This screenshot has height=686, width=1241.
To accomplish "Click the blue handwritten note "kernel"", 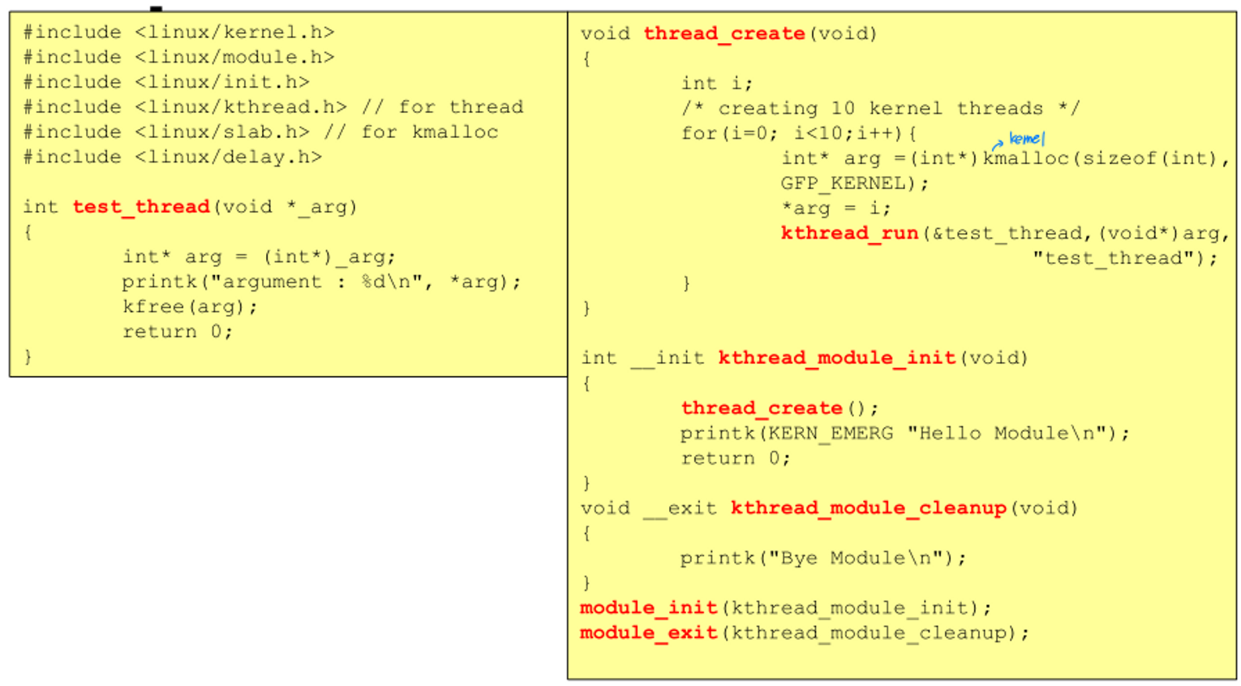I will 1026,139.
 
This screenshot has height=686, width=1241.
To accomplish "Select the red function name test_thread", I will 141,207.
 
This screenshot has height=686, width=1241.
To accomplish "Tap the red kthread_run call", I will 848,234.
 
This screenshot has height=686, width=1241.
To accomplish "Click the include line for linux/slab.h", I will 166,132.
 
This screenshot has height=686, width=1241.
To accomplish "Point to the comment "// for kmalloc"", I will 410,132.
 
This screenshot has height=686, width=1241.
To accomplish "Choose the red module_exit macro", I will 648,633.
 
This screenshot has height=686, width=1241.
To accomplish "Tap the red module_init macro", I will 648,608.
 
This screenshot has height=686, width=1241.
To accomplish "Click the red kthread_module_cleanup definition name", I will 868,508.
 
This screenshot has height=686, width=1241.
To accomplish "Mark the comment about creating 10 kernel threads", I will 880,109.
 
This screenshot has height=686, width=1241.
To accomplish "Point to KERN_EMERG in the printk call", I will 830,434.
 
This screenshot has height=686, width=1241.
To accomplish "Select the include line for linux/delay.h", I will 172,157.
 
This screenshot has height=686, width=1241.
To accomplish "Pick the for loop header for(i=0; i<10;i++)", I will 798,134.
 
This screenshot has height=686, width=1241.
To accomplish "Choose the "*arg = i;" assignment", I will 835,209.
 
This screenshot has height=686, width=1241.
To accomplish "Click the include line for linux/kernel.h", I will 178,32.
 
